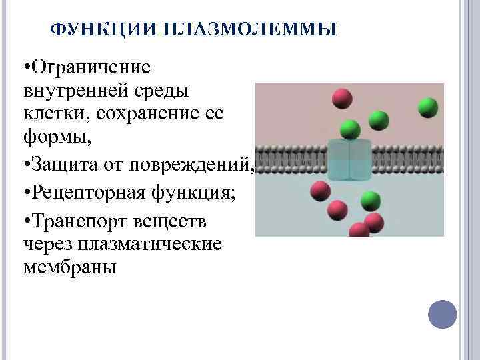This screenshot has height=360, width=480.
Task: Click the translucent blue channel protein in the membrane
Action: (x=349, y=160)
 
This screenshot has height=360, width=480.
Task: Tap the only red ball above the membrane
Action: (x=343, y=99)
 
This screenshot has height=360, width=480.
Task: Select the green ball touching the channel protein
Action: (x=349, y=128)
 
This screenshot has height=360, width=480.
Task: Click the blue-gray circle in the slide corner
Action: (x=441, y=313)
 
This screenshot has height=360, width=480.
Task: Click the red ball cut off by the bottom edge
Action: (x=360, y=231)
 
